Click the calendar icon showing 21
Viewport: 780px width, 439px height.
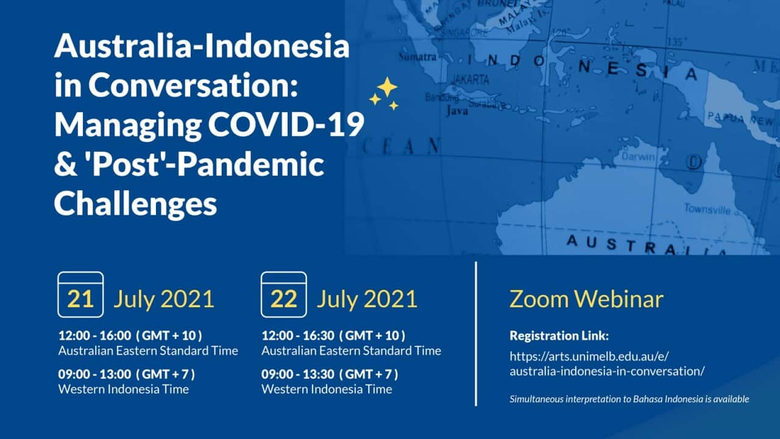point(80,295)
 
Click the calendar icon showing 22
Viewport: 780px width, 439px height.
point(283,295)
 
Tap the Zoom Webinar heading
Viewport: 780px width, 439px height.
point(586,299)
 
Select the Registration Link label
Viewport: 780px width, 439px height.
point(559,335)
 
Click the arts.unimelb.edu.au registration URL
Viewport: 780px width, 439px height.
point(607,363)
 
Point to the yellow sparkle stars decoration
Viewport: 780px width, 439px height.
point(384,93)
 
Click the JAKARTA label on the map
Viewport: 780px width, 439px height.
point(469,79)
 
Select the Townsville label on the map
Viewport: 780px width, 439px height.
point(707,209)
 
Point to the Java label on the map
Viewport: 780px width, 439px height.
point(457,112)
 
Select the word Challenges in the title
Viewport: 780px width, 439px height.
point(135,204)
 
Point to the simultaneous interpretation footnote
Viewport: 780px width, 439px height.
point(629,399)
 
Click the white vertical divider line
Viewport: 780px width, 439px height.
point(475,334)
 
